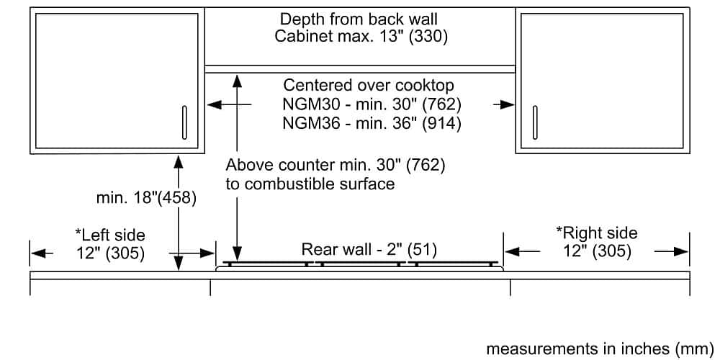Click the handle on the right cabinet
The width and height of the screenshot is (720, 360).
[x=534, y=123]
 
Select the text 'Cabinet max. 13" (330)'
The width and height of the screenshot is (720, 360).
[x=361, y=37]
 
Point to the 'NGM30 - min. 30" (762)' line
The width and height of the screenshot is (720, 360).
[x=372, y=104]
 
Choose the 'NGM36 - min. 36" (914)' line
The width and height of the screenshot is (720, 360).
[x=372, y=123]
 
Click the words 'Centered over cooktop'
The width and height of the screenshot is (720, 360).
[x=369, y=86]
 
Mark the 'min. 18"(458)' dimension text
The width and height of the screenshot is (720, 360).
[x=146, y=197]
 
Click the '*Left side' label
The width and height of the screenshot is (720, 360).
[x=110, y=235]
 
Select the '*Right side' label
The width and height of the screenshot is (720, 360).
[x=597, y=233]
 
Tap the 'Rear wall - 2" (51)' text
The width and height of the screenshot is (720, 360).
[x=369, y=250]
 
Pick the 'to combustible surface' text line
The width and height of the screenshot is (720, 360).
[x=310, y=184]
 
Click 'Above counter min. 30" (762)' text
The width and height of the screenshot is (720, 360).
[x=336, y=166]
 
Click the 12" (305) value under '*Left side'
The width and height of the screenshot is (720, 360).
[x=110, y=253]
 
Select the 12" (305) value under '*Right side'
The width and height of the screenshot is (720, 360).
[x=597, y=251]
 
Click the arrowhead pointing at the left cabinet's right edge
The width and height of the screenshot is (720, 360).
[x=212, y=105]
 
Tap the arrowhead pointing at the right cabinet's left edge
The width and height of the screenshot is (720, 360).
[x=510, y=105]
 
